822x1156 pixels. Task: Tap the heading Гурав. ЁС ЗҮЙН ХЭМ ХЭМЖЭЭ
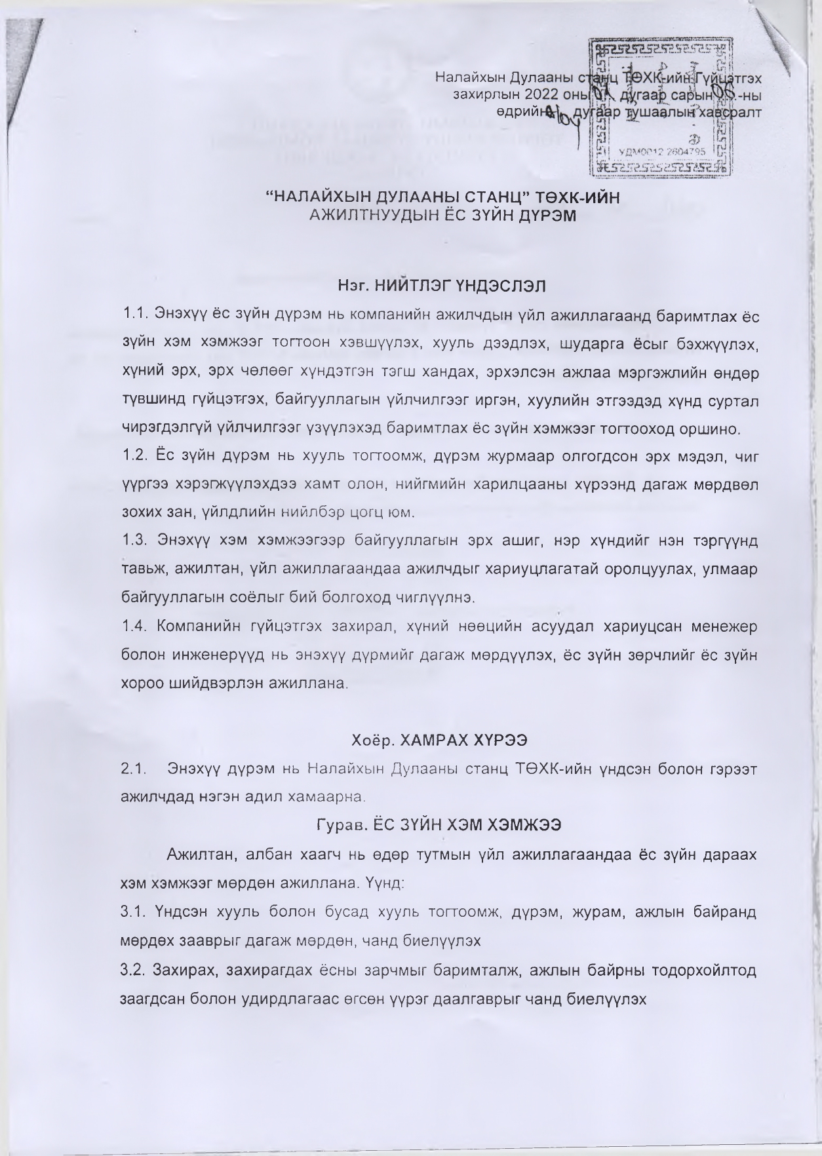439,825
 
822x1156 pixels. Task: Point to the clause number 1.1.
134,316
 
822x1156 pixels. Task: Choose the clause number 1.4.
134,626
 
